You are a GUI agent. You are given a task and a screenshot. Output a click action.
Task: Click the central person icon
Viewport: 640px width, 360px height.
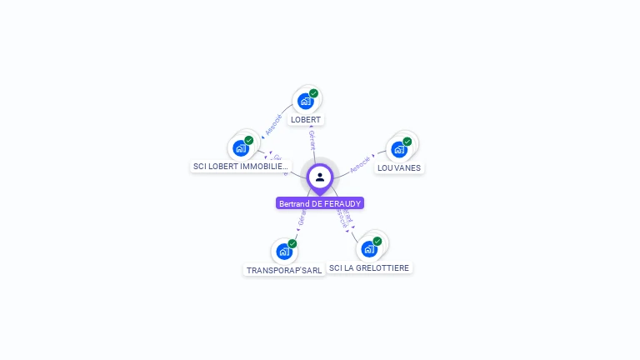point(320,177)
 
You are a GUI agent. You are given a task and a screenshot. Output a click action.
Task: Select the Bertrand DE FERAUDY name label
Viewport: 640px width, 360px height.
point(320,203)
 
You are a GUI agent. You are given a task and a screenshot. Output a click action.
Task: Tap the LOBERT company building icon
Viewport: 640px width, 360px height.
point(306,102)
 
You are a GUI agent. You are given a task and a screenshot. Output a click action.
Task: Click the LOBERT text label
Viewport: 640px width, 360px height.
point(306,120)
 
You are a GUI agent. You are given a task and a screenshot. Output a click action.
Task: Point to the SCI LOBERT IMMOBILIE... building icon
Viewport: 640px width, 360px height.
point(241,148)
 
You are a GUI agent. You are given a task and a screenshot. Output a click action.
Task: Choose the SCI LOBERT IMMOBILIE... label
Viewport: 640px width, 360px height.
point(241,167)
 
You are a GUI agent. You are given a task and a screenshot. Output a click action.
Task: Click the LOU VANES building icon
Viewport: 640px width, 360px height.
point(399,150)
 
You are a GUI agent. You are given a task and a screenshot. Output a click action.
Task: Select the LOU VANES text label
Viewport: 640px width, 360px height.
point(399,168)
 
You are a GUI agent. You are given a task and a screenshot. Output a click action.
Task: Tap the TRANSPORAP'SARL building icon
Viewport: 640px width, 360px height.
point(284,252)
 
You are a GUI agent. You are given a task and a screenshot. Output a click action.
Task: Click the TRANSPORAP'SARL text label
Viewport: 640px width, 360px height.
point(284,271)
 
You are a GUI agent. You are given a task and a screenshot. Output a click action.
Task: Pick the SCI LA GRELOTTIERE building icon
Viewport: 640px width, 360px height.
point(369,249)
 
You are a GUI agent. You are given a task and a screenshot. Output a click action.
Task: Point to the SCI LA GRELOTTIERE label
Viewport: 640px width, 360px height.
point(369,268)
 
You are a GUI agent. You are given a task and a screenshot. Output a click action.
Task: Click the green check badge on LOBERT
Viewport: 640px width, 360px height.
point(313,93)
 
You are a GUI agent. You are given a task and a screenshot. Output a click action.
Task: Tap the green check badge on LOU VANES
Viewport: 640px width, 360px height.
point(407,142)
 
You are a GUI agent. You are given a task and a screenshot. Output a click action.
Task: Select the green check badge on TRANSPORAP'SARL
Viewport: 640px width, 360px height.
point(292,243)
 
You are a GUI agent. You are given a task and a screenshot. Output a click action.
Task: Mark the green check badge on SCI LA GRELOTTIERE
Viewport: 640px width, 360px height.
point(377,241)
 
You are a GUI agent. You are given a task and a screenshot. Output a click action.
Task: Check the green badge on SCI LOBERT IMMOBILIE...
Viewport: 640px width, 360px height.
point(249,140)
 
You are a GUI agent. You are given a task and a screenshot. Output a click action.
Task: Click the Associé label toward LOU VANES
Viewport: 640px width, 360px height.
point(360,164)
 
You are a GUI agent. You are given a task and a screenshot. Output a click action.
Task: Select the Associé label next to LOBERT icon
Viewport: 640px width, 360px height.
point(273,125)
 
